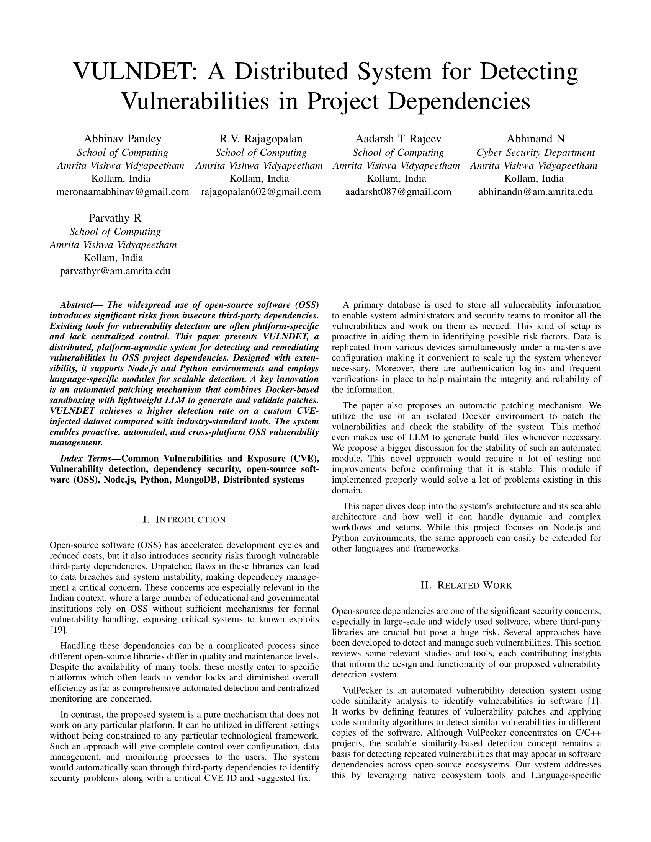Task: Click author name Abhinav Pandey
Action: [123, 139]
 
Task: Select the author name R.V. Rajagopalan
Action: [261, 139]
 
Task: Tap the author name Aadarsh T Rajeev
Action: [398, 139]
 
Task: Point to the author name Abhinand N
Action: [535, 139]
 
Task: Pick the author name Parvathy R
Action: [115, 218]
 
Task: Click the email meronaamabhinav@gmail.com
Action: [123, 192]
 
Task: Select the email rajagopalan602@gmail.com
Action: [261, 192]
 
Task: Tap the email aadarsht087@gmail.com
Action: [398, 192]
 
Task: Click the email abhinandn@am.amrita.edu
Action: [535, 192]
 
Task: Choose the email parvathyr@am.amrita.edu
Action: [115, 271]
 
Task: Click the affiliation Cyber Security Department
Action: [535, 153]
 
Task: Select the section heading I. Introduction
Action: [184, 520]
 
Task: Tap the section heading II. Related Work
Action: [466, 586]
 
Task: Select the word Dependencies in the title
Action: [459, 101]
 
